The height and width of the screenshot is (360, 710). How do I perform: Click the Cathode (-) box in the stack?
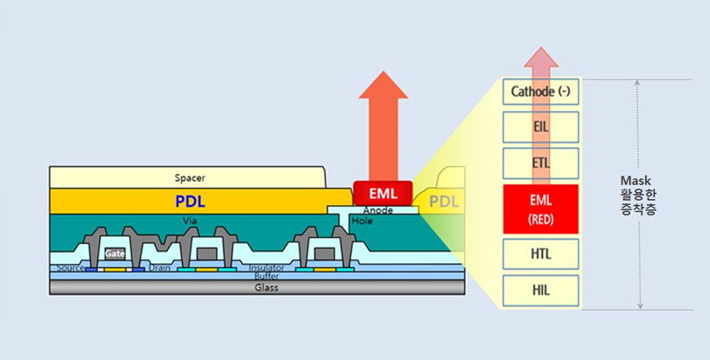pyautogui.click(x=540, y=92)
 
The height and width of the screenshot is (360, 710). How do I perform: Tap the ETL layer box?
pyautogui.click(x=540, y=163)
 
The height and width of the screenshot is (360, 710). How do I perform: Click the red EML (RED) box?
pyautogui.click(x=540, y=208)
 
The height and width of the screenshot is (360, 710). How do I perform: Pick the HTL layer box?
pyautogui.click(x=540, y=254)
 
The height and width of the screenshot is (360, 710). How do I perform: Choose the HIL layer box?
pyautogui.click(x=540, y=291)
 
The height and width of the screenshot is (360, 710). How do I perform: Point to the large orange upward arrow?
pyautogui.click(x=382, y=130)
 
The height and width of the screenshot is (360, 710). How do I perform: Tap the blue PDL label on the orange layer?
pyautogui.click(x=190, y=202)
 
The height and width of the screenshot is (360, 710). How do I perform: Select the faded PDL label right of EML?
pyautogui.click(x=445, y=202)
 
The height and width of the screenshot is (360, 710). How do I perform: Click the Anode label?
pyautogui.click(x=378, y=211)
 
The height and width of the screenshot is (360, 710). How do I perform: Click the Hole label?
pyautogui.click(x=363, y=222)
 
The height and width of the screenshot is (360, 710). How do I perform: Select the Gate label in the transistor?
pyautogui.click(x=115, y=254)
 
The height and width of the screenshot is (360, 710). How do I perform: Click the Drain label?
pyautogui.click(x=158, y=268)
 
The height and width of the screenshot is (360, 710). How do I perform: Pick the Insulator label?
pyautogui.click(x=267, y=268)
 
